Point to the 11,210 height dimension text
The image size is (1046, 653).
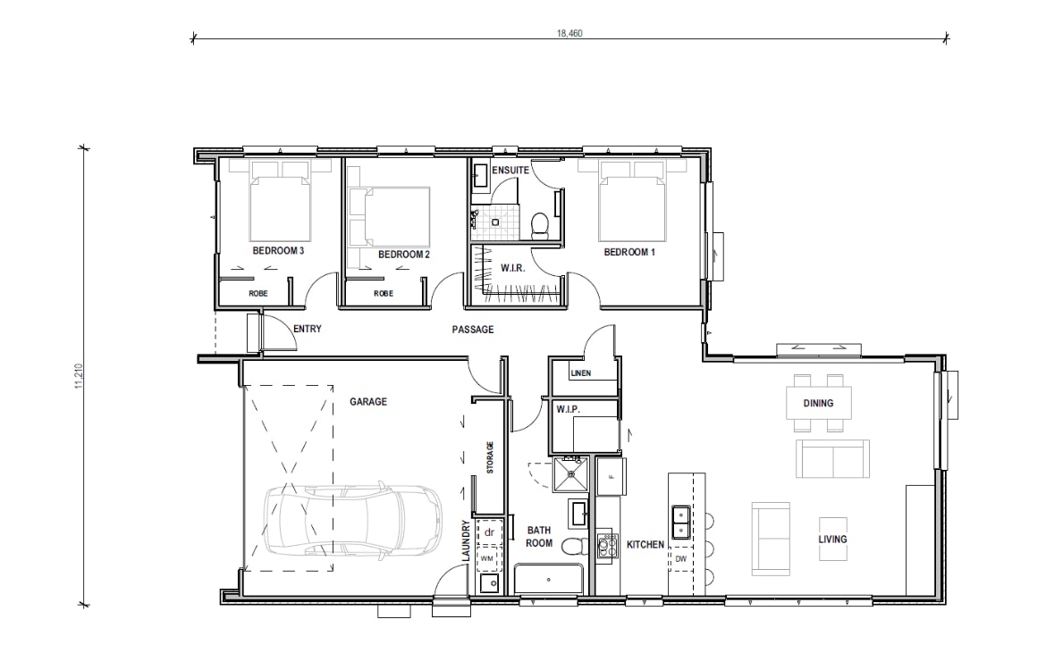[80, 376]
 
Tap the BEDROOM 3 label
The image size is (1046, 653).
[278, 252]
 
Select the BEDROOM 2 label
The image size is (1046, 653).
[404, 255]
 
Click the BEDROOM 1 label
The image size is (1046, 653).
[629, 252]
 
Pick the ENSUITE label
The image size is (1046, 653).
[511, 169]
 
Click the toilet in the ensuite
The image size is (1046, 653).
[540, 224]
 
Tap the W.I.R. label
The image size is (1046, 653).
[511, 268]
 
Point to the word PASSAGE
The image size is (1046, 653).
[472, 330]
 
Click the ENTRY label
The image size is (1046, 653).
[307, 330]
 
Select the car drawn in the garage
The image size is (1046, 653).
[353, 523]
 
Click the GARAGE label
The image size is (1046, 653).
[368, 402]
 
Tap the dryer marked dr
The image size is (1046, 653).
[489, 532]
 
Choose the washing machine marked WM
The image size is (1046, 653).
[488, 557]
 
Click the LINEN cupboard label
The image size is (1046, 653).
[580, 373]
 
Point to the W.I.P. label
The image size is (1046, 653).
[569, 409]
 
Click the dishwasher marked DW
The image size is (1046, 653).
[681, 559]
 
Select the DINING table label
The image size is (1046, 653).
[818, 403]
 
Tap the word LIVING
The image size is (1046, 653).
[832, 540]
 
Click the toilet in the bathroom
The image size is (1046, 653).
[572, 548]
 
